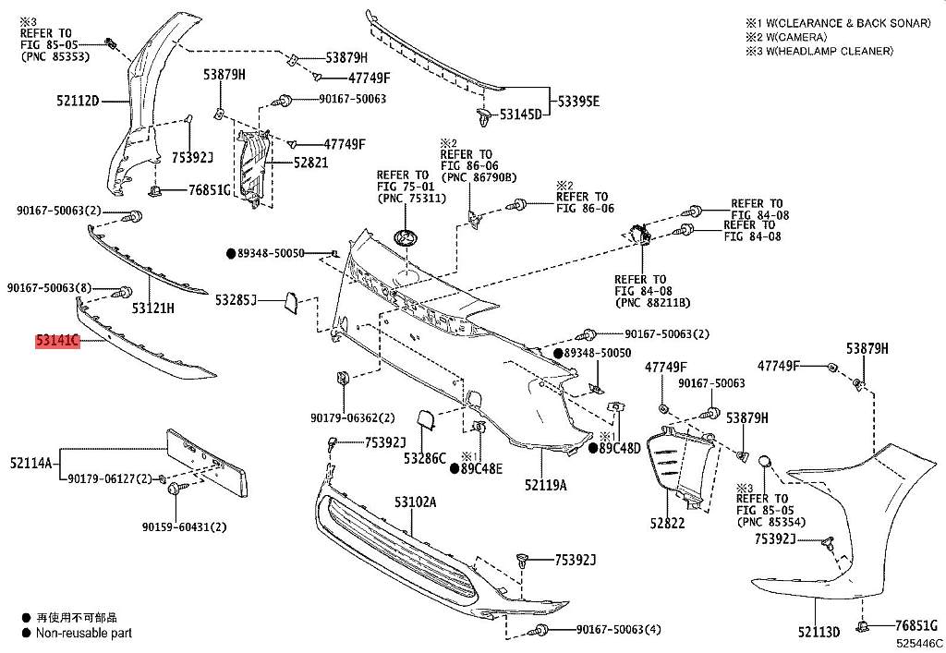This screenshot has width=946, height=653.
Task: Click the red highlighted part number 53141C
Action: click(57, 342)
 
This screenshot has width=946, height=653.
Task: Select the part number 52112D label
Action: click(76, 101)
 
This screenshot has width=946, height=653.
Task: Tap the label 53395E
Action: click(576, 101)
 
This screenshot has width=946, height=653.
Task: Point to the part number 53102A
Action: click(415, 502)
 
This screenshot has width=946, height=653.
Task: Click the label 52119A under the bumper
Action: click(546, 483)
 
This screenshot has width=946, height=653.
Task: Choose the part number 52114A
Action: click(31, 462)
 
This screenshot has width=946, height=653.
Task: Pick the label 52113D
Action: click(819, 633)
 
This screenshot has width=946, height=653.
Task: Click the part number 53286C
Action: click(425, 458)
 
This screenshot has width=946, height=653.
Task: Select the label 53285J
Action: click(236, 300)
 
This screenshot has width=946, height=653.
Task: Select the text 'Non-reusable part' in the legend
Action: click(84, 634)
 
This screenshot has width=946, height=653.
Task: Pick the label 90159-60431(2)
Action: click(184, 527)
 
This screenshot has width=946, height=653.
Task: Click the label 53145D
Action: click(521, 115)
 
